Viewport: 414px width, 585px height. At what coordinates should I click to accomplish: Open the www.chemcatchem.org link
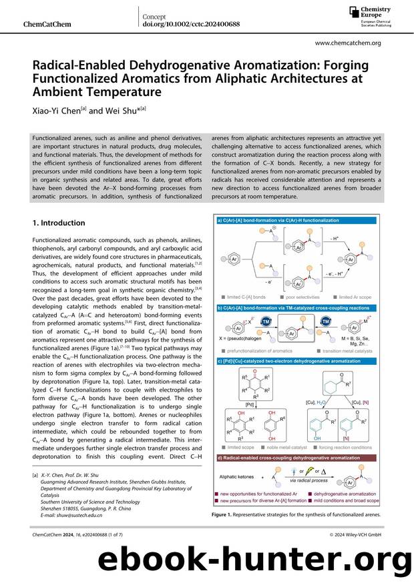tap(347, 43)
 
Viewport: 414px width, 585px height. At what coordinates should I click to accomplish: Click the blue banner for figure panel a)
tap(296, 219)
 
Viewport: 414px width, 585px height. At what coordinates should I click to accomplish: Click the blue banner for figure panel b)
tap(296, 308)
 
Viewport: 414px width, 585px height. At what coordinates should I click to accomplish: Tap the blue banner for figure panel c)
tap(296, 361)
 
